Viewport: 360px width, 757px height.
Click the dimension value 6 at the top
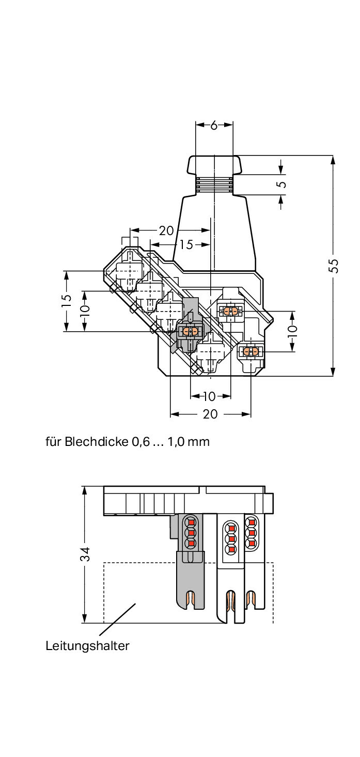pos(214,125)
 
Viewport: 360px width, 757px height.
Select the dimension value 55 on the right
pos(334,265)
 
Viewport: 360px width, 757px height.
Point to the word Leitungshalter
pos(87,645)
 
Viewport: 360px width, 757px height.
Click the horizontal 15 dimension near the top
pos(186,244)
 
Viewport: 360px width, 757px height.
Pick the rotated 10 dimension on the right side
pos(292,329)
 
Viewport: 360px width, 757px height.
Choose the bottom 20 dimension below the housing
pos(210,414)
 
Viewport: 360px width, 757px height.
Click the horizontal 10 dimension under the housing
pos(209,396)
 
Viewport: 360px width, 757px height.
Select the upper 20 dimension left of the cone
pos(166,230)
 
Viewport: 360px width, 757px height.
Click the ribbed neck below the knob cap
pos(214,184)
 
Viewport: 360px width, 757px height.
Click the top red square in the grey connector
pos(191,520)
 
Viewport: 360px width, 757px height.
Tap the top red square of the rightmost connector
pos(252,521)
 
